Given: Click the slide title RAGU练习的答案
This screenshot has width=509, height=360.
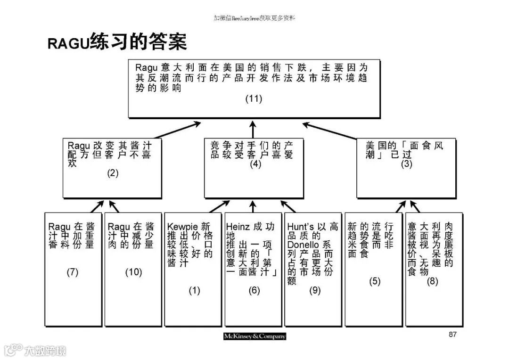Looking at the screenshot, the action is coord(117,41).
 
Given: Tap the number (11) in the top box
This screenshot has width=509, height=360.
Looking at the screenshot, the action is coord(254,99).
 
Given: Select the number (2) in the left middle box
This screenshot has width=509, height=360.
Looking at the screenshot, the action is coord(112,173).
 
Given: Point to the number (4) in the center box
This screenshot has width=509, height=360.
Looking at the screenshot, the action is coord(255,164).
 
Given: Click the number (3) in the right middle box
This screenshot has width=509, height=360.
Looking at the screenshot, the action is coord(406,164).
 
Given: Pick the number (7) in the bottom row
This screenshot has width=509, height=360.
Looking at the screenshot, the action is coord(73,272).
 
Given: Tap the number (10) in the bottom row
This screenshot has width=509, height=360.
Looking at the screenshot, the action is coord(133,272).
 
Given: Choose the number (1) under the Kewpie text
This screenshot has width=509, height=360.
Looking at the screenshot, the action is coord(194,291).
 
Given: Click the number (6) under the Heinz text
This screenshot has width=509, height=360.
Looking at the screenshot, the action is coord(254,291).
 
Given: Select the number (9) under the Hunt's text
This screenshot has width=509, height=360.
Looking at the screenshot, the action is coord(315,291).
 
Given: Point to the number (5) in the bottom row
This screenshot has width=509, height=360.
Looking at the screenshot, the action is coord(375,281).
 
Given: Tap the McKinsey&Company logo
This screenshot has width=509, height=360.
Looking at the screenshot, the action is coord(254,336).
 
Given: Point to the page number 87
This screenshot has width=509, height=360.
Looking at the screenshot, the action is coord(452,335).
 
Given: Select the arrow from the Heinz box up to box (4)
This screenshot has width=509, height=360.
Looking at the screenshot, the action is coord(254,206).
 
